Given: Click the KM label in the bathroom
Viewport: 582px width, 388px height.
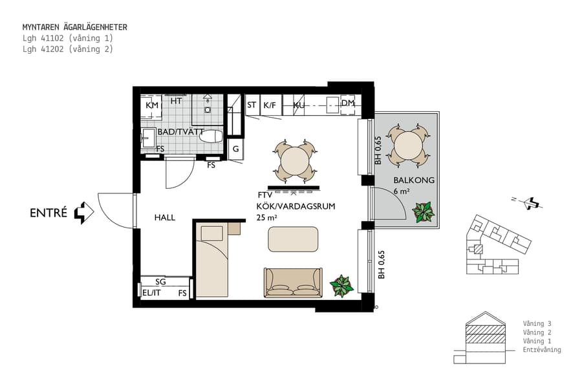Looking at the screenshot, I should tap(152, 105).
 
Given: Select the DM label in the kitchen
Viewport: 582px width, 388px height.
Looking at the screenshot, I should tap(348, 103).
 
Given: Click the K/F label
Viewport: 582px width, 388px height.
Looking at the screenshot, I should tap(270, 105).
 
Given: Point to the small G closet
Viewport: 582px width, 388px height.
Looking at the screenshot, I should tap(236, 149).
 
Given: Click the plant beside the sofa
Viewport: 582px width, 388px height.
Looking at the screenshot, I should tap(341, 285).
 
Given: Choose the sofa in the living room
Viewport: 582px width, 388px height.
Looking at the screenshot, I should tap(293, 283).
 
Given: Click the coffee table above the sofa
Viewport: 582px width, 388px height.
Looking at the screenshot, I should tap(293, 239).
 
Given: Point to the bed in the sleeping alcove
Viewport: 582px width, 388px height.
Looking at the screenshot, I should tap(212, 262).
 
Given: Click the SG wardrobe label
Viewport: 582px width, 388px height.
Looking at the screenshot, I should tap(161, 282).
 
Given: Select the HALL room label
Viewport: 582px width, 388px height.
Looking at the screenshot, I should tap(165, 218).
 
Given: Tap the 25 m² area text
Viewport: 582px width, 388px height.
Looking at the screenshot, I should tap(266, 218).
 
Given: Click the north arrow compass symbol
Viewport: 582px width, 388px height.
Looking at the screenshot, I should tap(532, 203).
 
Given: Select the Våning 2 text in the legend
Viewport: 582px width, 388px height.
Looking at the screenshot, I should tap(537, 332).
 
